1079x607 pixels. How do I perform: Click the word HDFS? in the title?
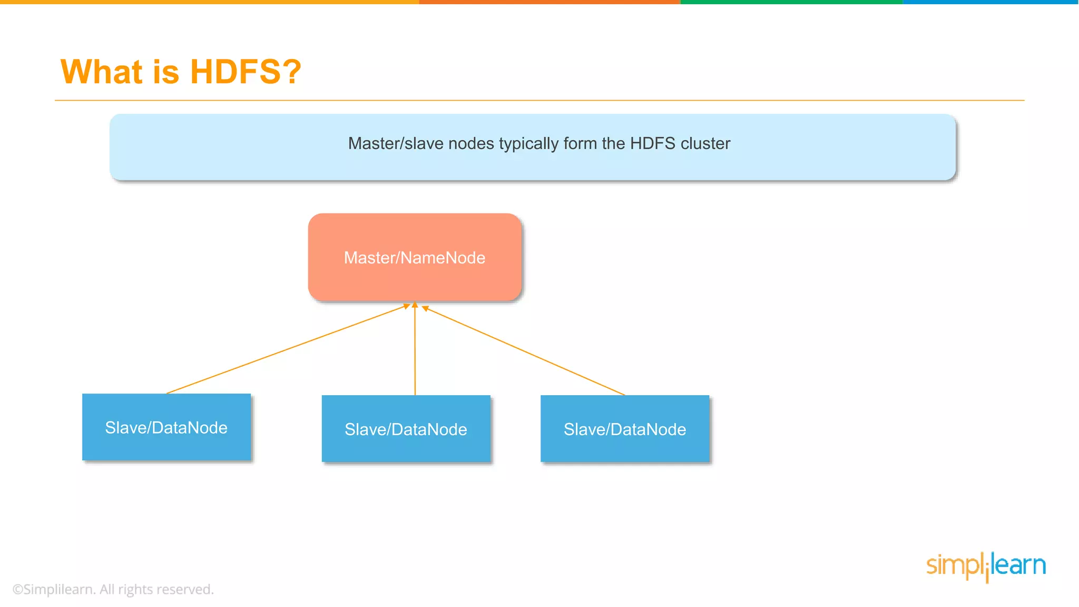pyautogui.click(x=246, y=72)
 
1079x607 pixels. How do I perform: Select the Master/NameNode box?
pyautogui.click(x=415, y=257)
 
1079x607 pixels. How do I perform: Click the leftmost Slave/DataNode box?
pyautogui.click(x=166, y=427)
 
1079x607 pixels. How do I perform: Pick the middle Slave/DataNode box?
pyautogui.click(x=406, y=429)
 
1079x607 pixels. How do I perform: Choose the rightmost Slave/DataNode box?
pyautogui.click(x=625, y=429)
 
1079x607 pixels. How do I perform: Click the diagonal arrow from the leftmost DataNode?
pyautogui.click(x=287, y=349)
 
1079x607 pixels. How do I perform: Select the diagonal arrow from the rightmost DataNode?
pyautogui.click(x=524, y=351)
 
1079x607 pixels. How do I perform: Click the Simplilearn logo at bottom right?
pyautogui.click(x=986, y=566)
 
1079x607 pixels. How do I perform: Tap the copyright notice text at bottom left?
pyautogui.click(x=113, y=589)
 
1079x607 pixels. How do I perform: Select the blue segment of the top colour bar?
pyautogui.click(x=990, y=2)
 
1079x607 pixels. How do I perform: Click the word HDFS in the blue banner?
pyautogui.click(x=652, y=143)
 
